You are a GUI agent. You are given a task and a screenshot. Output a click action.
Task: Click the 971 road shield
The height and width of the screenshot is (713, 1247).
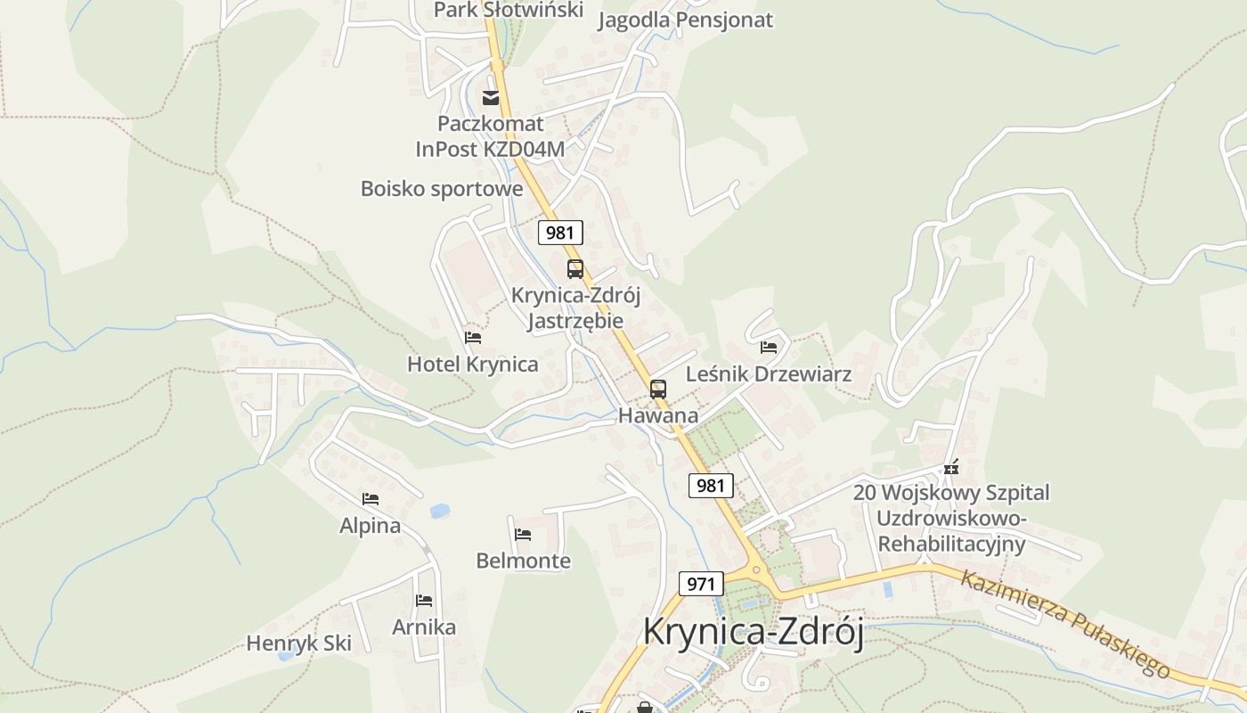pos(701,585)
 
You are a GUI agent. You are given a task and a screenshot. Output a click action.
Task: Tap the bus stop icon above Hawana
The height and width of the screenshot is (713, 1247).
pos(658,389)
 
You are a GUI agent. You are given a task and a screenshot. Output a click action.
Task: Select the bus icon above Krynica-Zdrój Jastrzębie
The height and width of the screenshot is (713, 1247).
pos(575,268)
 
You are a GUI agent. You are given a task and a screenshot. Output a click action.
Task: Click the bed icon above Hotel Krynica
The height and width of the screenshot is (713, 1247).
pos(473,338)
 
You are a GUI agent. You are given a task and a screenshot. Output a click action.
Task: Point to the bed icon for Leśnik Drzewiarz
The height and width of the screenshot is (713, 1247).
pos(769,347)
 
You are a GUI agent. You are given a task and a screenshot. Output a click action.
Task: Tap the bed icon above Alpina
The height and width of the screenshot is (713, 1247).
pos(371,499)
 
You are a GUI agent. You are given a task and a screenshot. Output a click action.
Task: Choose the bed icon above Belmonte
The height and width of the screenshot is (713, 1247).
pos(523,535)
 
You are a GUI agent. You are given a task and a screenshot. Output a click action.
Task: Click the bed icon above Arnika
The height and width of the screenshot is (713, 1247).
pos(424,601)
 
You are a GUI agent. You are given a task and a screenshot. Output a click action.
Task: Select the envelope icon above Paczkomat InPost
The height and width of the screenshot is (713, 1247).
pos(491,97)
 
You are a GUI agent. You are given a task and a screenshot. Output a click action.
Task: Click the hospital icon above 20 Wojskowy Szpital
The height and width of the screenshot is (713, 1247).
pos(951,467)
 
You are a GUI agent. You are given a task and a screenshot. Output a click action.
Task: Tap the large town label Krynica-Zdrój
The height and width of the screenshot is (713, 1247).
pos(754,632)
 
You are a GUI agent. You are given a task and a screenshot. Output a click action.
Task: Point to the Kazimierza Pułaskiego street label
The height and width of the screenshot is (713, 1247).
pos(1064,624)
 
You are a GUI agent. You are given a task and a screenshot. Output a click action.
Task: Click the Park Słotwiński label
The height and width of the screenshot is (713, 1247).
pos(508,10)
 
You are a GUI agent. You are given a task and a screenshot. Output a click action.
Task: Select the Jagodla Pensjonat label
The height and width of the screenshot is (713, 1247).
pos(685,20)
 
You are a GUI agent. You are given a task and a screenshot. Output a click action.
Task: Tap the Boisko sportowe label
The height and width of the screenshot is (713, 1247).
pos(442,189)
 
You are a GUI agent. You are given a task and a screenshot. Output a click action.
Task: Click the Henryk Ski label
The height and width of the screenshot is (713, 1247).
pos(298,643)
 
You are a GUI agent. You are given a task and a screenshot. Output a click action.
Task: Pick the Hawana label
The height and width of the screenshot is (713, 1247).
pos(658,415)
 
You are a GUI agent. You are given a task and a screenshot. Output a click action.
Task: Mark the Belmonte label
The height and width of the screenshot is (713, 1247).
pos(523,561)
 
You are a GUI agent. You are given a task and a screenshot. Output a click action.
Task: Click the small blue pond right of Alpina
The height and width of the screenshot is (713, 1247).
pos(439,512)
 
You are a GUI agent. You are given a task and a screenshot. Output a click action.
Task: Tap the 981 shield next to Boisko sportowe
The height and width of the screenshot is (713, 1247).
pos(560,234)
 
